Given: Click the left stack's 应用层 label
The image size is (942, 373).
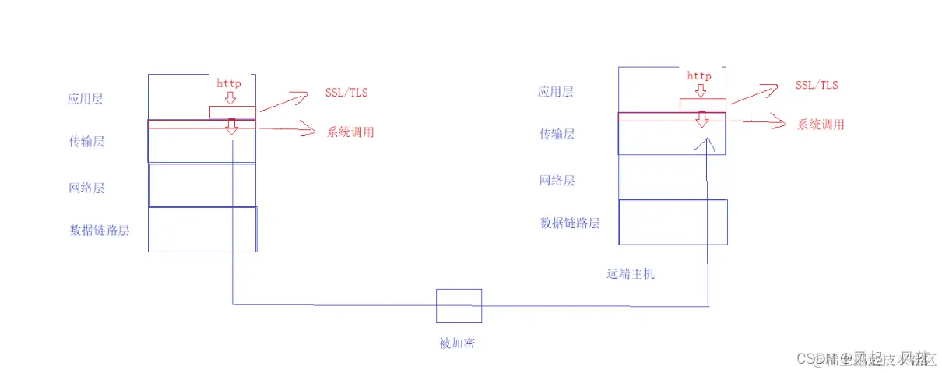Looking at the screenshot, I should coord(86,100).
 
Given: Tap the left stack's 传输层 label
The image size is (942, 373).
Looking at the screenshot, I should coord(87,141).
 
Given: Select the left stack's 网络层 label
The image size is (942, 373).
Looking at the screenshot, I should coord(86,188).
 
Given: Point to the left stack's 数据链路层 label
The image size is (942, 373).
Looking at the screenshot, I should coord(100,230).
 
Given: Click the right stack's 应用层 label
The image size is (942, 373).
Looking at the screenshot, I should coord(556,92).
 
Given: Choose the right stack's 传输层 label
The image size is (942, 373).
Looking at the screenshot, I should coord(557,134).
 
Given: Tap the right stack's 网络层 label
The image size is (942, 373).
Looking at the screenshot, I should coord(557,181).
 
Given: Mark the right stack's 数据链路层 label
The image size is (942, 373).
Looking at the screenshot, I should coord(570,223).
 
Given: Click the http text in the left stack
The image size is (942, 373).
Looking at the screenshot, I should coord(229,83).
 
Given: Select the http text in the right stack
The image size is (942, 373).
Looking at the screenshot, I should coord(699,76).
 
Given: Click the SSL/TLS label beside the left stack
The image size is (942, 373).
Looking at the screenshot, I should coord(346,93).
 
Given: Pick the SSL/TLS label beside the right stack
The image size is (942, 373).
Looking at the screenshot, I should coord(817,85).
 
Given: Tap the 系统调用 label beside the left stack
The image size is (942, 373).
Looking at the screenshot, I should coord(350,132).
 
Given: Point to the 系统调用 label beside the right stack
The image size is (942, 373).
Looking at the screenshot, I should coord(821,125).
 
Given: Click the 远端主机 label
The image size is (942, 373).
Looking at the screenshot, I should coord(631,274).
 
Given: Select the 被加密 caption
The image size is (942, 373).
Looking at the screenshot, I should coord(458,343).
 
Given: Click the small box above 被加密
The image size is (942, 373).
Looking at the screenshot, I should coord(459,306).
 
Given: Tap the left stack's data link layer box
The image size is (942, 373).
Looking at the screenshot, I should coord(202,229).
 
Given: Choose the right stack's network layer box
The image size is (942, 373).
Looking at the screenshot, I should coord(673,178).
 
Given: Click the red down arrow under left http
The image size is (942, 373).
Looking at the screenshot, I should coord(230,99).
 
